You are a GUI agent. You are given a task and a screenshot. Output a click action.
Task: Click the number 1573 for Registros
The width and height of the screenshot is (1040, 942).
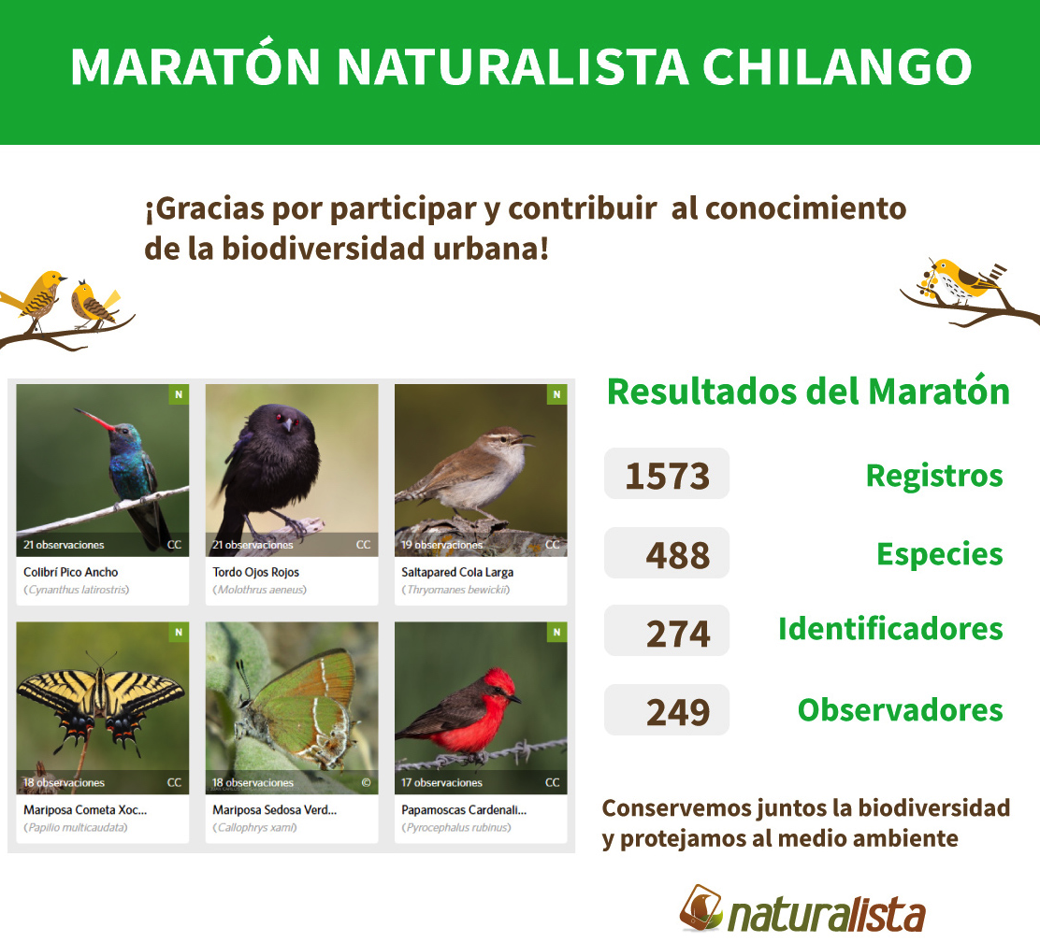(667, 476)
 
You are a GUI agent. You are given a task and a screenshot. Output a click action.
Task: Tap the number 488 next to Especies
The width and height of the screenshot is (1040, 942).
(678, 555)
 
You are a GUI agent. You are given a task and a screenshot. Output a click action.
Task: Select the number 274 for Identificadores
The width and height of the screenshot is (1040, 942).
(678, 633)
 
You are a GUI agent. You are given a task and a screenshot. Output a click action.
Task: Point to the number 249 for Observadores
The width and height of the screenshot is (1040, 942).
(678, 712)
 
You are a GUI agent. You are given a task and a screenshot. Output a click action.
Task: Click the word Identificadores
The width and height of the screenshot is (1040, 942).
(890, 628)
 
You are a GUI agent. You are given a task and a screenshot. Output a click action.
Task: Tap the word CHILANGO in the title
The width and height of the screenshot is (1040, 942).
(836, 66)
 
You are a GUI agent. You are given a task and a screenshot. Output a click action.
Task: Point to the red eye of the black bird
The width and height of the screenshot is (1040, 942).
(279, 417)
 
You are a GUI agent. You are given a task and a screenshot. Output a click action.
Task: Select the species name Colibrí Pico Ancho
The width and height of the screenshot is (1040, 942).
(70, 572)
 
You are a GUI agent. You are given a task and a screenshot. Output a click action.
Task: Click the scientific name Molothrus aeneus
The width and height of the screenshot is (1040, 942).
(259, 590)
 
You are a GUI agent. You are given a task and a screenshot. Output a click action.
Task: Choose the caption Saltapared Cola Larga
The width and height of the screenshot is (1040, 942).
(457, 572)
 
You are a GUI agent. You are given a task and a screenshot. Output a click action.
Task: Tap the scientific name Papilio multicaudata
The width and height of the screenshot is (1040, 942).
(75, 827)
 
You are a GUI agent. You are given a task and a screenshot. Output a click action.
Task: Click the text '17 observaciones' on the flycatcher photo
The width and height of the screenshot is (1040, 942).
(441, 782)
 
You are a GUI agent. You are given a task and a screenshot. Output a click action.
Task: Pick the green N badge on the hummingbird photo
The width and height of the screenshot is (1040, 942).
(179, 394)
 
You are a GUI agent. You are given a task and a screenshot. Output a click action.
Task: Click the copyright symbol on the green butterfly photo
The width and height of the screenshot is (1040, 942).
(366, 782)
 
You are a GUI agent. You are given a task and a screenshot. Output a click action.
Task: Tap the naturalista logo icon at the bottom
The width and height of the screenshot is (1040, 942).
(701, 906)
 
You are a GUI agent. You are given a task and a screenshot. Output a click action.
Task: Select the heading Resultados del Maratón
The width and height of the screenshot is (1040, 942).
(808, 392)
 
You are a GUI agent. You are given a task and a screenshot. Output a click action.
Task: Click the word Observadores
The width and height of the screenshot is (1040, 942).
(900, 710)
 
